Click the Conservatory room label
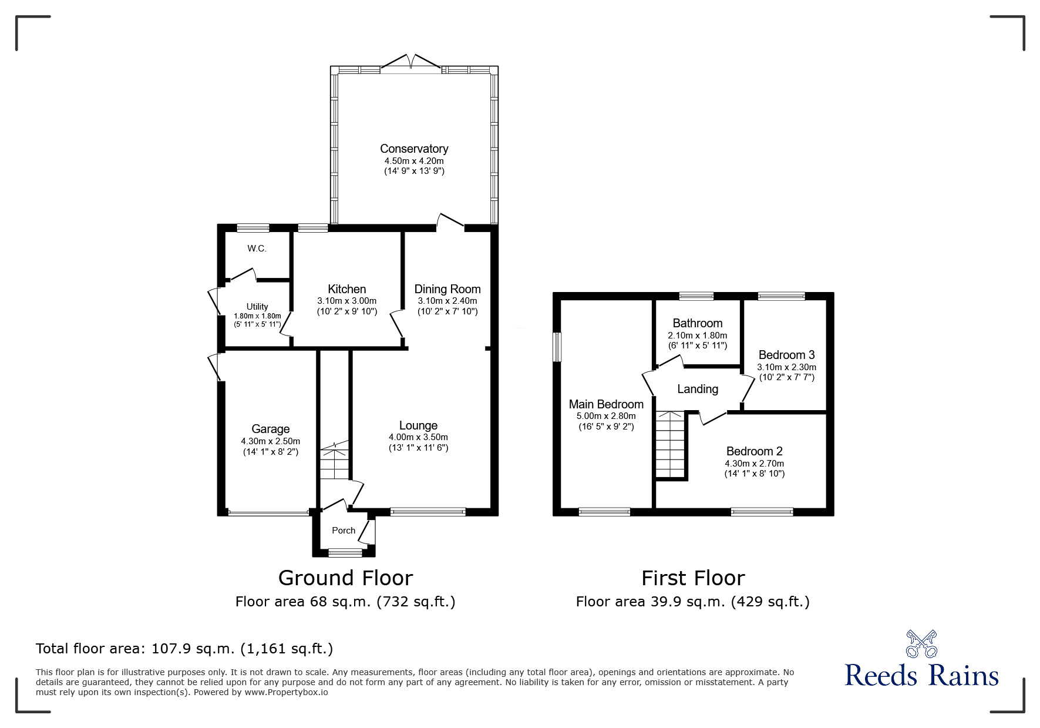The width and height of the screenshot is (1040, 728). (413, 149)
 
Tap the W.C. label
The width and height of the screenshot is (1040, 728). (257, 249)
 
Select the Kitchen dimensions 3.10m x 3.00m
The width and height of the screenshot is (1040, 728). (346, 300)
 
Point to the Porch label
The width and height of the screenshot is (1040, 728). (344, 530)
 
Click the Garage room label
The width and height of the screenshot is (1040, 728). (270, 429)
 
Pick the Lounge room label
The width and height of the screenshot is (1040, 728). (418, 425)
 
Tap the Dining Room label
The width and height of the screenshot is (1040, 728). (447, 289)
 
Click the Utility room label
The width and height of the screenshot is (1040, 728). (257, 307)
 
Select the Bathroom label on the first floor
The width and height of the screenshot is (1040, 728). (697, 323)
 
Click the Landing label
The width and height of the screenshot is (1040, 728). (697, 389)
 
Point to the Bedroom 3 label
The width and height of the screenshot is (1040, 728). (786, 355)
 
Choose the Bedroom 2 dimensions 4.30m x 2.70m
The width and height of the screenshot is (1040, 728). (754, 463)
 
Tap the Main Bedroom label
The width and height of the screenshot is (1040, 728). (606, 404)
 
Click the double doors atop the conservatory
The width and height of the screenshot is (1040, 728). (412, 62)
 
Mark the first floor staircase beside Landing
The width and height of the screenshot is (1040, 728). (671, 445)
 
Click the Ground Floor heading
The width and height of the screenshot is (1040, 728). (345, 578)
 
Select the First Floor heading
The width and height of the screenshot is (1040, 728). (693, 578)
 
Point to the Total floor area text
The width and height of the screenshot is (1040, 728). (184, 649)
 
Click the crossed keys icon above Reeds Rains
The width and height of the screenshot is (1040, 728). (921, 643)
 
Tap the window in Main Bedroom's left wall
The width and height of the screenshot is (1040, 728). (557, 347)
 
